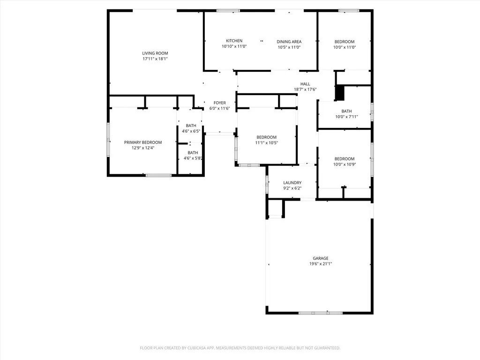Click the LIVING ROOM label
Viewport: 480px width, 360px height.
click(x=155, y=53)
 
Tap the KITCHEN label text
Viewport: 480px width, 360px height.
click(x=234, y=41)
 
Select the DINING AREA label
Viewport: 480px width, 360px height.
click(x=289, y=41)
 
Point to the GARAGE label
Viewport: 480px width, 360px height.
click(x=321, y=258)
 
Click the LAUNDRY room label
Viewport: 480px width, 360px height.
click(x=292, y=183)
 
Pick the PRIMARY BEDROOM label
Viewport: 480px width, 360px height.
click(x=143, y=142)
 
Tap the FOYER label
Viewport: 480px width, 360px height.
click(x=219, y=103)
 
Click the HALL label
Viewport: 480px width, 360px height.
click(x=305, y=84)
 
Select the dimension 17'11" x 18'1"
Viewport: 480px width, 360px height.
click(x=155, y=59)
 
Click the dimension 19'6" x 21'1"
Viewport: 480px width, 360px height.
click(x=321, y=264)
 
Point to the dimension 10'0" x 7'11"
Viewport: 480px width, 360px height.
click(x=346, y=117)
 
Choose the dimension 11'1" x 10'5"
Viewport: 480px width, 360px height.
click(x=266, y=142)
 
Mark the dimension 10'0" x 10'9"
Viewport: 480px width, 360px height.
click(x=344, y=164)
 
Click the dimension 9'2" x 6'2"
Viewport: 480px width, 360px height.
click(x=292, y=188)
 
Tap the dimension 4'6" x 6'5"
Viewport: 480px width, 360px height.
click(x=191, y=131)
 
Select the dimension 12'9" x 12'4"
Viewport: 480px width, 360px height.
click(x=143, y=148)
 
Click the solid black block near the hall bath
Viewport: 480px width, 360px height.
click(x=339, y=92)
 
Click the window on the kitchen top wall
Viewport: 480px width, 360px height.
click(x=228, y=10)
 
